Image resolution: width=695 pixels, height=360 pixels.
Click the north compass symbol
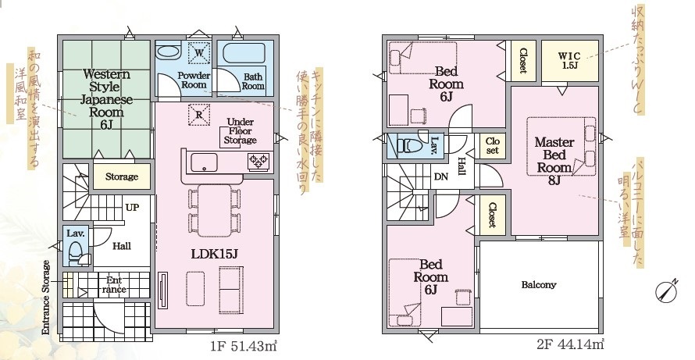pos(667,290)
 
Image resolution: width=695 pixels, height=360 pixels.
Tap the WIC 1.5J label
pos(569,60)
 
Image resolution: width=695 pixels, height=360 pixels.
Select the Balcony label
pos(539,284)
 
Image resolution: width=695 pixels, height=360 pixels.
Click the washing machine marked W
pos(198,54)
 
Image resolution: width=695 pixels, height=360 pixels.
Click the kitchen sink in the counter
pos(204,162)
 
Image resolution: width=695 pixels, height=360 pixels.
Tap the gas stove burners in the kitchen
pos(258,161)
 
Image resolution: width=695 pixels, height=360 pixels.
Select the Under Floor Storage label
pos(241,130)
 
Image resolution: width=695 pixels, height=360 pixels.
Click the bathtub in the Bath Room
pos(244,54)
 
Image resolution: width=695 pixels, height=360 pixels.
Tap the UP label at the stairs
pos(132,208)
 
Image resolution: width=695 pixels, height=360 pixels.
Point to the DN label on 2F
pos(441,176)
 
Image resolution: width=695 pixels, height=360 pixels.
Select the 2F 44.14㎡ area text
pos(571,344)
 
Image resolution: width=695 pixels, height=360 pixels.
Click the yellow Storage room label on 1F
pos(122,177)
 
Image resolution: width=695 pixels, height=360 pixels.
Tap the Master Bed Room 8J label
pos(554,161)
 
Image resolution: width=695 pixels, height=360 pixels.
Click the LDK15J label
pos(215,254)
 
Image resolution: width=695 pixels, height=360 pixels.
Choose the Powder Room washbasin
pos(169,52)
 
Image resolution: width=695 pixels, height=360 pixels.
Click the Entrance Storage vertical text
pos(45,298)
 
